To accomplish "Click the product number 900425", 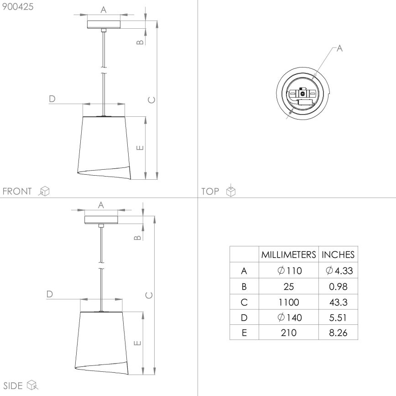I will pos(18,7).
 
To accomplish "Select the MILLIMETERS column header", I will pos(288,255).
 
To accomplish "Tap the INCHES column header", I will pos(338,255).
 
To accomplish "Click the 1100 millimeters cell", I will pos(288,302).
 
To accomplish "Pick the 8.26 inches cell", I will pos(338,333).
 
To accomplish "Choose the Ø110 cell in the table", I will pos(288,271).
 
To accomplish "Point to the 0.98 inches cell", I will pos(338,287).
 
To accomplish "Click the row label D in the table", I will pos(244,317).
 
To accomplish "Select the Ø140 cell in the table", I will pos(288,317).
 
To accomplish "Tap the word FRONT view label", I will pos(17,191).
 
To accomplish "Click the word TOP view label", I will pos(210,191).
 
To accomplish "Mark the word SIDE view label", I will pos(13,386).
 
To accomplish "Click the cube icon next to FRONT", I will pos(44,191).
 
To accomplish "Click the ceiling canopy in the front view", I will pos(104,24).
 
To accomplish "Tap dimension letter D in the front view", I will pos(52,99).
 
